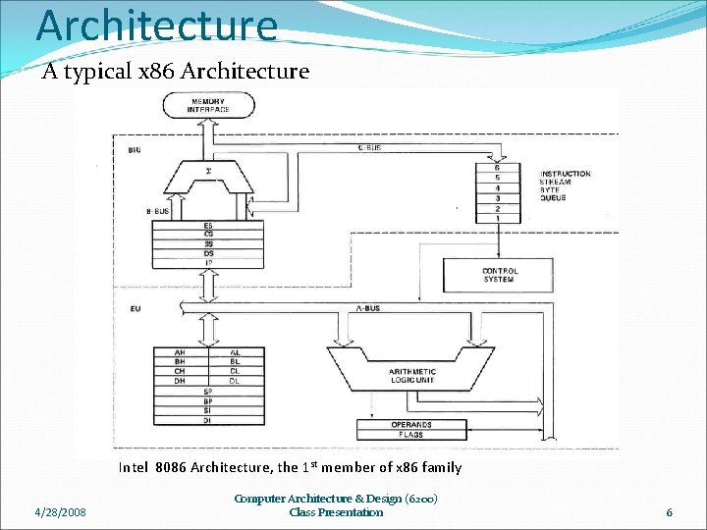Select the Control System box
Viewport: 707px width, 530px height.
[499, 275]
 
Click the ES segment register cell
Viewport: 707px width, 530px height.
[207, 226]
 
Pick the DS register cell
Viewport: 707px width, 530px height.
[207, 253]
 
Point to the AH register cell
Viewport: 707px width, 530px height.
[180, 351]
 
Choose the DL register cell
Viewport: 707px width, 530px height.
[235, 381]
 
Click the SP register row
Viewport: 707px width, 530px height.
[207, 392]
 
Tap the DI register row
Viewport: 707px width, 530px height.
[207, 420]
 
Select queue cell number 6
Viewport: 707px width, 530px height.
[498, 168]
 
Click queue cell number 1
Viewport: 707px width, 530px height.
[498, 218]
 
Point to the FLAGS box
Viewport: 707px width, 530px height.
[411, 435]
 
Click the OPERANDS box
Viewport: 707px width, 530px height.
[411, 425]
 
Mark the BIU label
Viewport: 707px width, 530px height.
[134, 149]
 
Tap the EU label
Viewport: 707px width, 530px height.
[134, 309]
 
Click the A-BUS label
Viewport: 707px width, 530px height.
[366, 308]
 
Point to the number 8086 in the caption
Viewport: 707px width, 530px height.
[171, 467]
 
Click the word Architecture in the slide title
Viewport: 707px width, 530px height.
[157, 25]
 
